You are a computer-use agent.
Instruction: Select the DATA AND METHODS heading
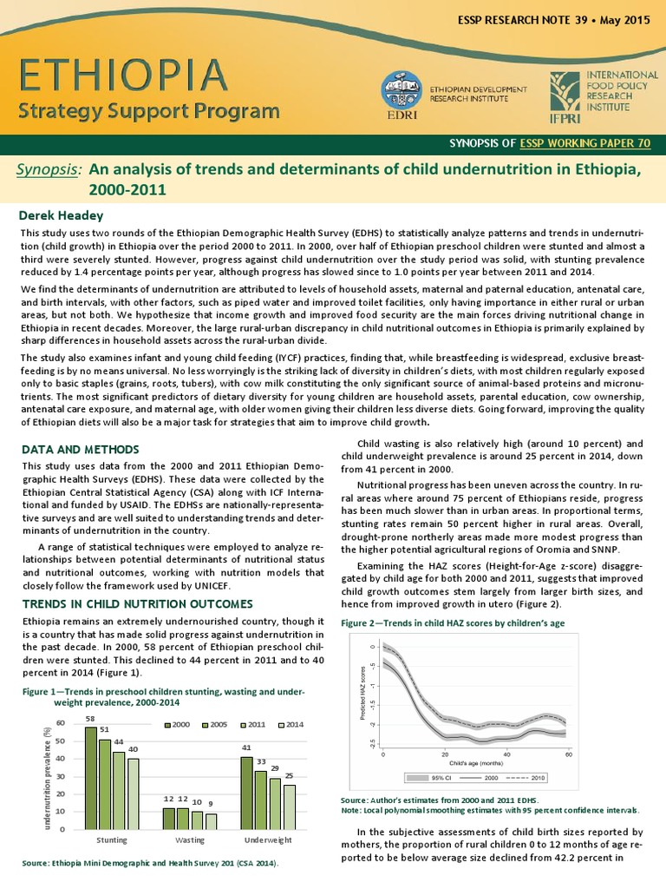(79, 450)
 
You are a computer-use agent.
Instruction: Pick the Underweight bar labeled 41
(246, 793)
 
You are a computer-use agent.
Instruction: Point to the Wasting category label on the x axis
(189, 840)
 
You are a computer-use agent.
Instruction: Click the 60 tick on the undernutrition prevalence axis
(60, 723)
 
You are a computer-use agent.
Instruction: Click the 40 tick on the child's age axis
(506, 755)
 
